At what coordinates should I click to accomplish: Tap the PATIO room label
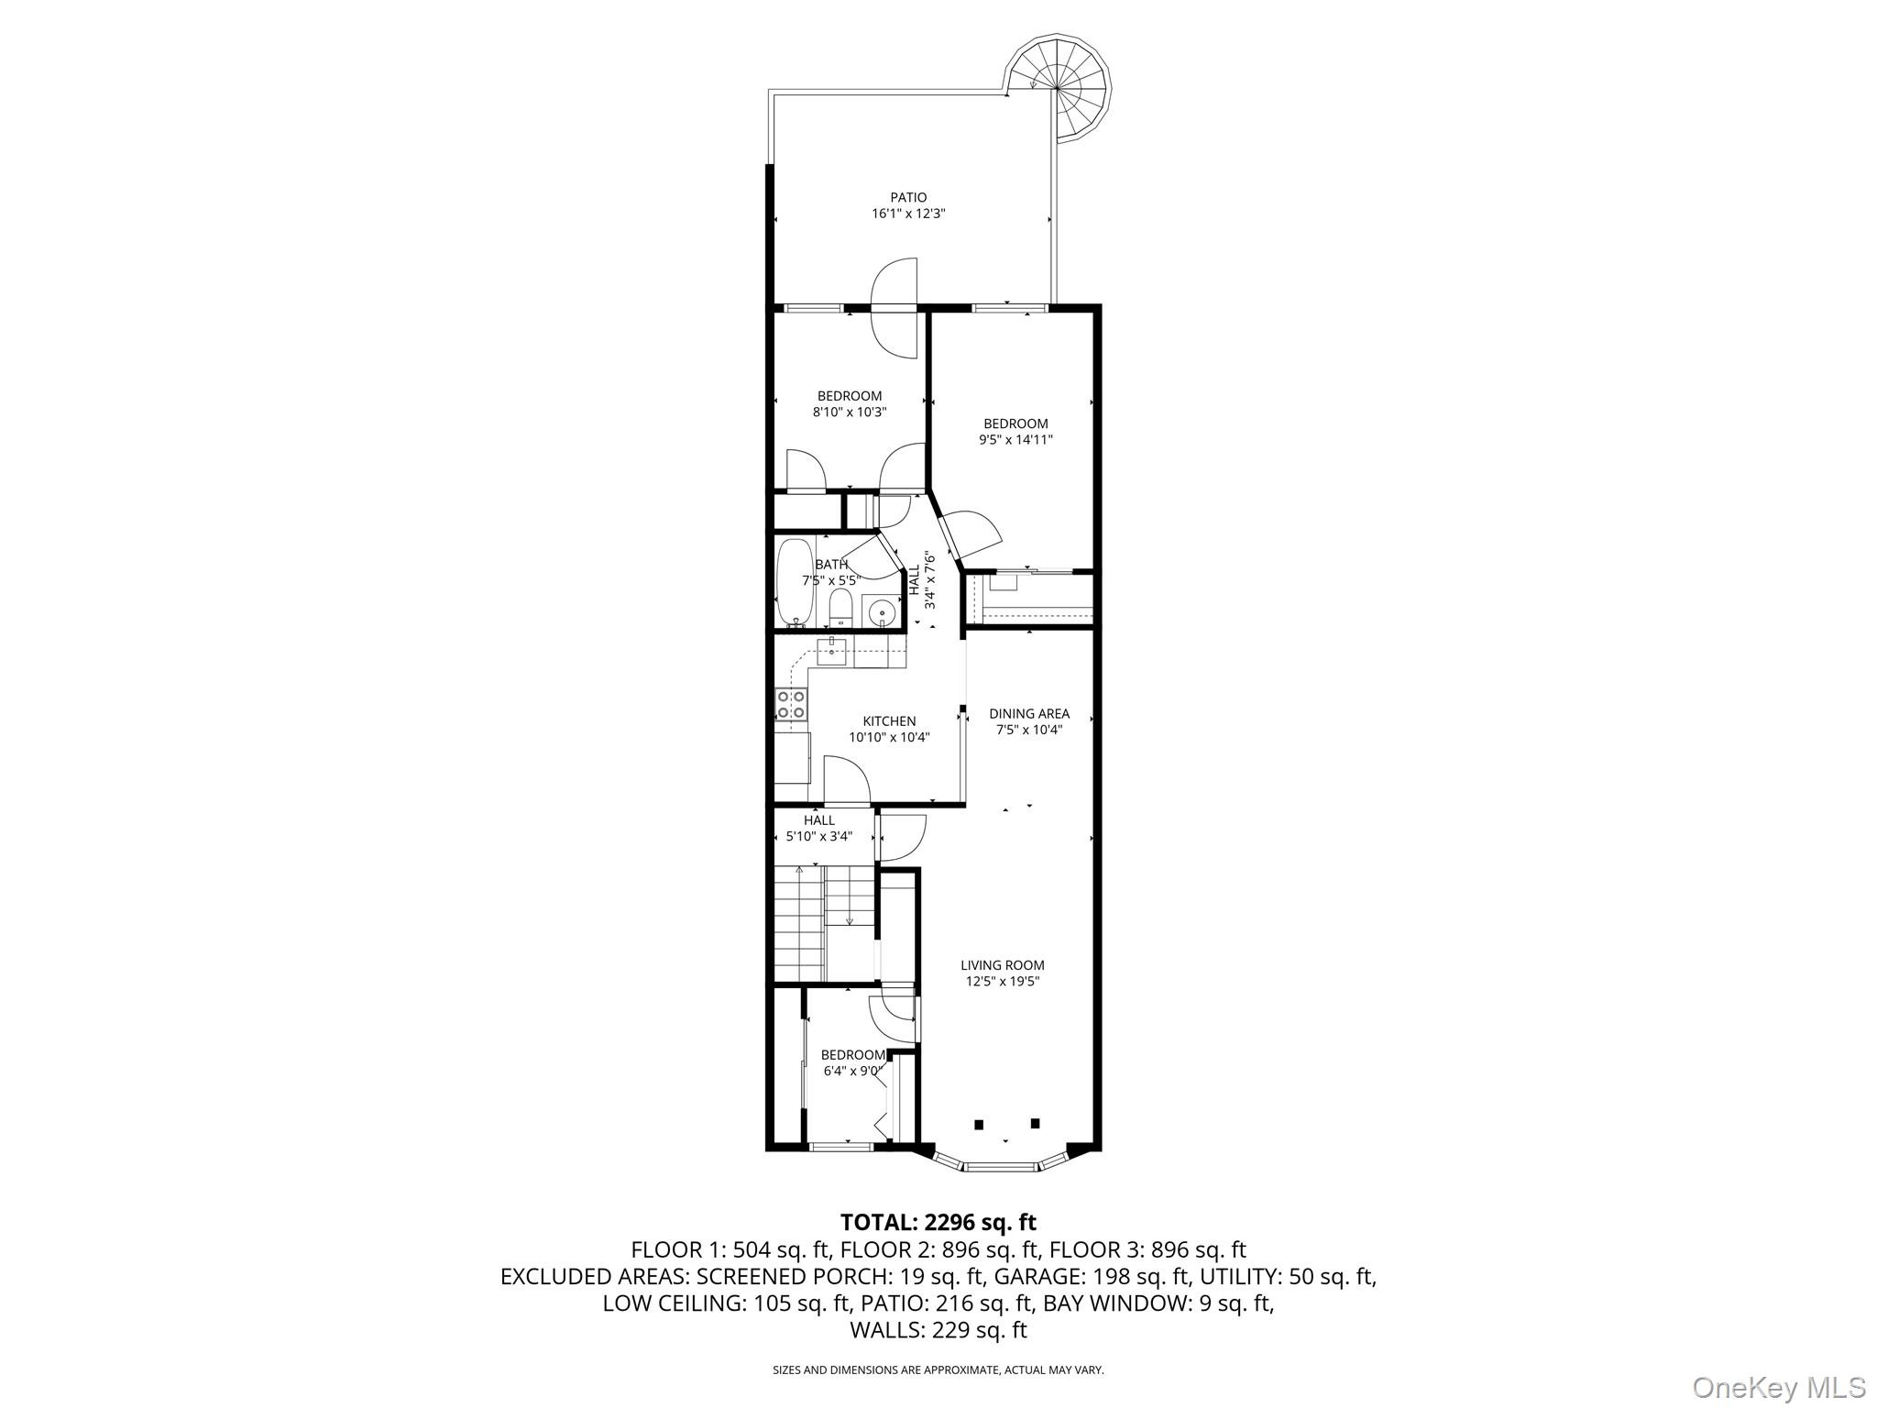[908, 197]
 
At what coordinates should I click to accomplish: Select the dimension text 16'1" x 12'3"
[908, 214]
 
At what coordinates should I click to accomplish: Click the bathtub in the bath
[795, 582]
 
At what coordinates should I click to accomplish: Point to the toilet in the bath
[840, 607]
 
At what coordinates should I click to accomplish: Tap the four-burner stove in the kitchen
[791, 704]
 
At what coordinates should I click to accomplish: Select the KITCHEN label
[889, 721]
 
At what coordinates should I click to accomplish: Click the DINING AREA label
[1028, 713]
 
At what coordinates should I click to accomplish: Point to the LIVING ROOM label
[1002, 965]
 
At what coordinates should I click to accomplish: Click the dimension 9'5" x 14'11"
[1015, 440]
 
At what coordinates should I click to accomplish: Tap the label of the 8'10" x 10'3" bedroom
[850, 396]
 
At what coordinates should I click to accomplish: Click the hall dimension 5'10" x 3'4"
[818, 836]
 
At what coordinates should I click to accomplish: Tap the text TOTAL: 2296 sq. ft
[938, 1222]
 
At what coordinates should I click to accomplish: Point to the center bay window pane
[1002, 1167]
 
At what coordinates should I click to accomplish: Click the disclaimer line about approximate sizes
[938, 1370]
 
